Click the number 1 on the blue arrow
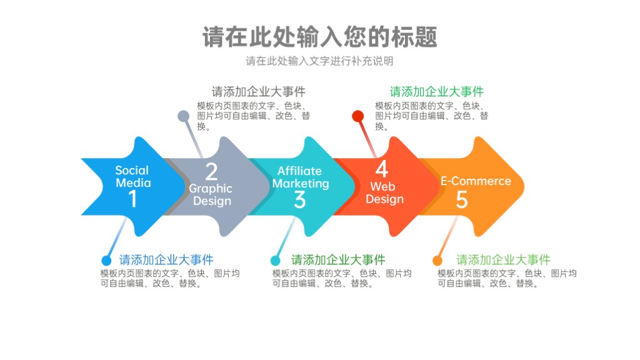point(132,199)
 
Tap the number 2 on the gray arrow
point(211,171)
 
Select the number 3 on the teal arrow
point(299,199)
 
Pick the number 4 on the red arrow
point(382,169)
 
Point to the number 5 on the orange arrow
point(462,199)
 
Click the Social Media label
point(132,176)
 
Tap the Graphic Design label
point(211,195)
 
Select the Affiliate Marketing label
point(301,177)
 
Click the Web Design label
point(384,192)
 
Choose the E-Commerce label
point(476,181)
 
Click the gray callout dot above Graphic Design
point(184,116)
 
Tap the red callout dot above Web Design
point(358,116)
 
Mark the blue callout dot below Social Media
point(106,261)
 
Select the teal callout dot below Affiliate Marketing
point(276,261)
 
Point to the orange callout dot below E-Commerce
point(437,261)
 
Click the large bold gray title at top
point(320,37)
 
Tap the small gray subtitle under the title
point(319,61)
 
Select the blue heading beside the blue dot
point(166,259)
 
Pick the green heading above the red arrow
point(437,91)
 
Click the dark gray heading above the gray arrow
point(258,91)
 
